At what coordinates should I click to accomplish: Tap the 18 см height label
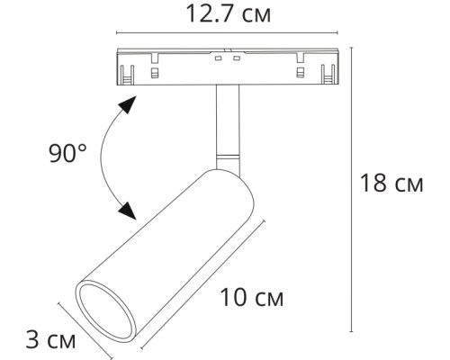[x=391, y=184]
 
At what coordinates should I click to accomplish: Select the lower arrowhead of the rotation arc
[x=128, y=211]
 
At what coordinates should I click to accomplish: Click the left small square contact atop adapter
[x=218, y=58]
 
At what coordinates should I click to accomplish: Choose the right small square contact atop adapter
[x=236, y=58]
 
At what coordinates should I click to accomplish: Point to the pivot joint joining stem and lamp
[x=227, y=161]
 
